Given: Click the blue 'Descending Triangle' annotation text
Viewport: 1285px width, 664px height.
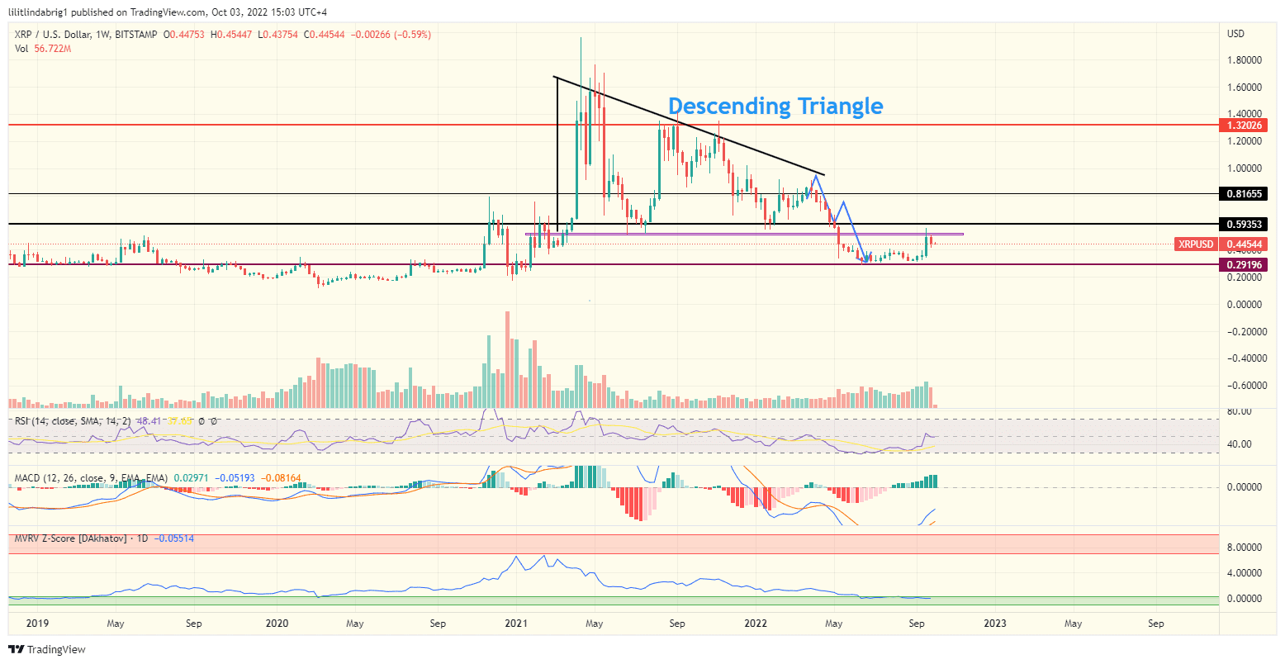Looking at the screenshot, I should [x=775, y=107].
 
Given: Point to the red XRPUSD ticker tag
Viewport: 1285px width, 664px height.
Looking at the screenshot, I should [x=1196, y=244].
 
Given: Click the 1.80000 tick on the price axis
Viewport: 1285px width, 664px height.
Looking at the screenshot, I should [x=1242, y=60].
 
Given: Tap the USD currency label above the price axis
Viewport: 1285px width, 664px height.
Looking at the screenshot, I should [x=1235, y=34].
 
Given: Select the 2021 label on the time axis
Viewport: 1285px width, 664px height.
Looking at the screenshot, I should [x=516, y=624].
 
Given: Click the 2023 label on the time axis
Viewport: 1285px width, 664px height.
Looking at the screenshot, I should [x=995, y=624].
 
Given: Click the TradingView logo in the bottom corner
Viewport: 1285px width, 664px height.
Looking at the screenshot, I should [x=48, y=649].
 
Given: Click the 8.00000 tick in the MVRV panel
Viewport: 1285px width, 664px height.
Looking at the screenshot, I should [x=1242, y=547].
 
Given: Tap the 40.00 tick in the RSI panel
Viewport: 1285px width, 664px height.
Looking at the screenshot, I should [x=1240, y=444].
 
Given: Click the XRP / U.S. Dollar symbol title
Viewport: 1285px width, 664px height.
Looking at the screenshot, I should [x=65, y=35].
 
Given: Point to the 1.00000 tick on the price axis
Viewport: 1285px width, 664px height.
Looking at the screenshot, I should [x=1242, y=168].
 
